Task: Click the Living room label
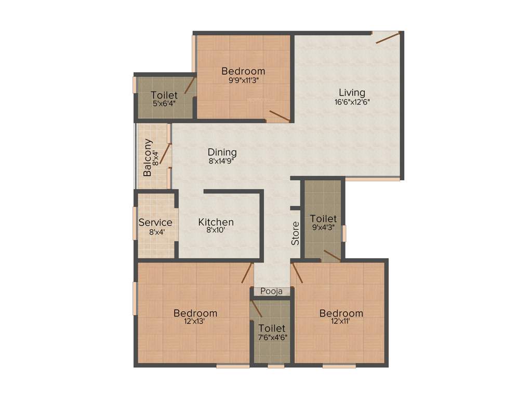[352, 93]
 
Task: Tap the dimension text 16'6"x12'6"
[352, 102]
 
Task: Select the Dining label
[222, 152]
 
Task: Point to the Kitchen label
[216, 222]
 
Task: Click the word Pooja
[272, 291]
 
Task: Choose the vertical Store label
[296, 233]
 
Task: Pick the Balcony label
[148, 157]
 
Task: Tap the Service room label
[155, 223]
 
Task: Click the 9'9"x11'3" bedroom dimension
[243, 81]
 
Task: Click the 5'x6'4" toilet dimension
[164, 104]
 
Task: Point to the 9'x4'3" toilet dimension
[323, 227]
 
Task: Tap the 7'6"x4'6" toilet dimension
[272, 337]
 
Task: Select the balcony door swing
[166, 154]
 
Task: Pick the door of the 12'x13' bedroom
[247, 273]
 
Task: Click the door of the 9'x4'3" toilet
[331, 255]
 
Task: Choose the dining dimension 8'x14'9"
[222, 161]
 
